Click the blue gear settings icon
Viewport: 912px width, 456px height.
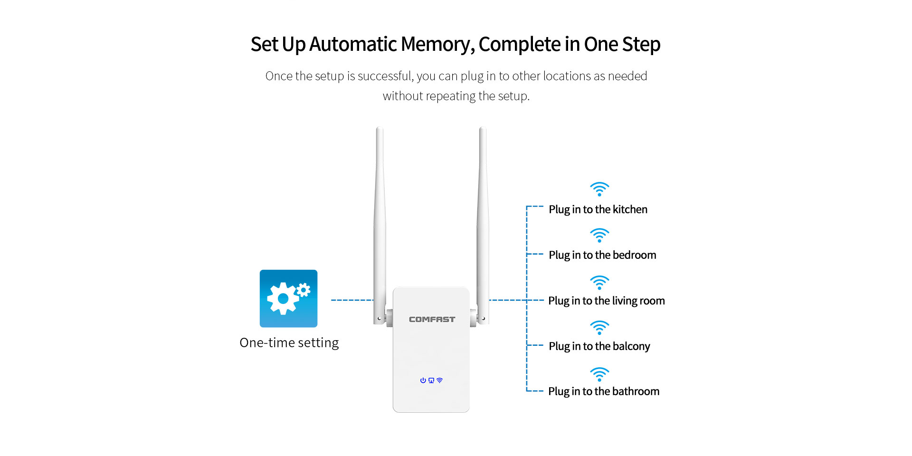(x=288, y=298)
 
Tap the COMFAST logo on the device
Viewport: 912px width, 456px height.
(x=432, y=319)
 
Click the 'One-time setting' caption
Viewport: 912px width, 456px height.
(x=289, y=342)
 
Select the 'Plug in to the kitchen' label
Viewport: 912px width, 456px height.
(x=598, y=209)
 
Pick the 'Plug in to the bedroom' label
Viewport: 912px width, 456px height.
(x=602, y=255)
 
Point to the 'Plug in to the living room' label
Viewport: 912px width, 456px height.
(x=607, y=301)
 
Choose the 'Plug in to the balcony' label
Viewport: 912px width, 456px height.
(x=599, y=346)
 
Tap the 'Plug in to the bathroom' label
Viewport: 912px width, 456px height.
(x=604, y=391)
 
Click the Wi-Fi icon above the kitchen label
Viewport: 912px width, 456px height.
(x=599, y=189)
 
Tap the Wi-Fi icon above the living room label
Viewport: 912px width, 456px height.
(x=599, y=283)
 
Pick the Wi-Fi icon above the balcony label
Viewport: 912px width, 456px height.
(x=599, y=328)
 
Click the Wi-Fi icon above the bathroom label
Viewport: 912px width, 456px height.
(x=599, y=374)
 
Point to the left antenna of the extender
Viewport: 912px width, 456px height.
(x=380, y=226)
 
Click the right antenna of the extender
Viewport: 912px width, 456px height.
(x=483, y=226)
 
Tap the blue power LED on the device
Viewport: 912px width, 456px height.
(x=423, y=380)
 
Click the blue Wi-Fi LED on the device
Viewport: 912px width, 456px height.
(x=439, y=380)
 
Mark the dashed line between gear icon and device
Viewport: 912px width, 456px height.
(x=352, y=300)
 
